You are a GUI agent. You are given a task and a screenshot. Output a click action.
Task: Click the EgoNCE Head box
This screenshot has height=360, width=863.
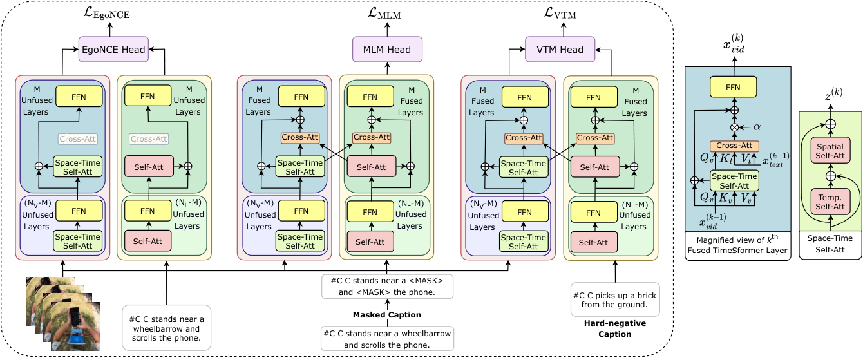click(x=113, y=50)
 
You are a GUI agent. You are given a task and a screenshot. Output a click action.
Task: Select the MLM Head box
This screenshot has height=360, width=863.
click(x=387, y=50)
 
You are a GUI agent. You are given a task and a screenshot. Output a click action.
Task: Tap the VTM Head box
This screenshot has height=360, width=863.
click(x=560, y=50)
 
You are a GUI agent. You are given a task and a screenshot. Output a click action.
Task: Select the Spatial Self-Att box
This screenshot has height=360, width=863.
click(x=830, y=151)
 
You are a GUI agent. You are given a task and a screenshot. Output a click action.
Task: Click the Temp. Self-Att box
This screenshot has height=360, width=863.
click(x=830, y=202)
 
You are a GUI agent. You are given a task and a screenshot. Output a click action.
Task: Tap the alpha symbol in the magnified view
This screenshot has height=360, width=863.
click(x=757, y=127)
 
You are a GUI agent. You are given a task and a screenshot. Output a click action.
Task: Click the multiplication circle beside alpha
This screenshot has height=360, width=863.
click(x=735, y=128)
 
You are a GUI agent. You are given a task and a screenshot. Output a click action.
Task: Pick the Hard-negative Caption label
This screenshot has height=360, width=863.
click(x=615, y=328)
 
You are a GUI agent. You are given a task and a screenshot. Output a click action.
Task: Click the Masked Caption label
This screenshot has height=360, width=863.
click(x=387, y=314)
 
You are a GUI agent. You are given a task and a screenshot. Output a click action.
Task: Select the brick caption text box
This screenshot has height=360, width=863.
click(x=615, y=299)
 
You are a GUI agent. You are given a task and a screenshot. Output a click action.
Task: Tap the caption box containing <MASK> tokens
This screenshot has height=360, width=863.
click(x=387, y=287)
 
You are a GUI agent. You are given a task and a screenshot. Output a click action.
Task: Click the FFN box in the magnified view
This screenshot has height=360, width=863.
click(x=733, y=87)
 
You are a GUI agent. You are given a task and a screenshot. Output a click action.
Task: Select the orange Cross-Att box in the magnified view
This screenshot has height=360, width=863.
click(x=734, y=146)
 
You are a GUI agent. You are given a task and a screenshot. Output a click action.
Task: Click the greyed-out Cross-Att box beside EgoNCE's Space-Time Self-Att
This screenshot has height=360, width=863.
click(x=78, y=138)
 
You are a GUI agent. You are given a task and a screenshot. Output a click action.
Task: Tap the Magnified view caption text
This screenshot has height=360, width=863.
click(x=737, y=245)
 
